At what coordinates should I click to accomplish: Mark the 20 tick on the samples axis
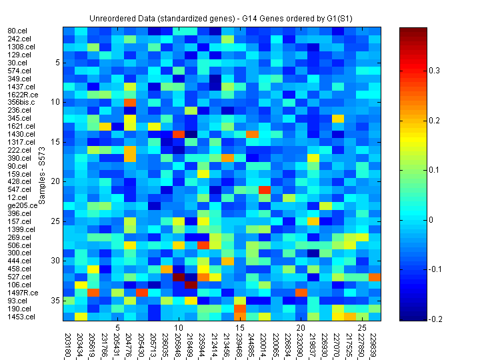(x=57, y=181)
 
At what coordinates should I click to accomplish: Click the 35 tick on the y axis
(x=57, y=301)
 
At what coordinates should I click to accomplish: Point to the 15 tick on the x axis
(x=239, y=328)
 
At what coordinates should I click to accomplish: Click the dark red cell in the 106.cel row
(x=191, y=285)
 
